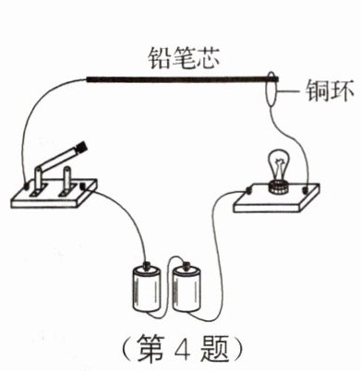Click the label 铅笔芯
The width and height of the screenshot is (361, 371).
(x=184, y=58)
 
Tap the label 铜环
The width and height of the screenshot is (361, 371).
(x=330, y=91)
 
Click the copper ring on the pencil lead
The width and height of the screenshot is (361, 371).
(x=271, y=89)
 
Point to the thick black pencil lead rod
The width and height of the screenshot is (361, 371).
(x=183, y=79)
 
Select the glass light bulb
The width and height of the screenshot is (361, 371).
(x=279, y=166)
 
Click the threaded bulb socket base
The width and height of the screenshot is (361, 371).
(x=279, y=187)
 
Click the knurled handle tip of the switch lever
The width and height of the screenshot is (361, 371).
(x=81, y=147)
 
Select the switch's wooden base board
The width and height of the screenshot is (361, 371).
(x=54, y=194)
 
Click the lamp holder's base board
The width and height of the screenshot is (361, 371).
(x=276, y=198)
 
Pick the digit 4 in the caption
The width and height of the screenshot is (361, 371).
(x=183, y=348)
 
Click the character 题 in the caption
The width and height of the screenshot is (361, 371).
(x=214, y=348)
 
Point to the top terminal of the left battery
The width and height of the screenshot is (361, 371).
(x=147, y=265)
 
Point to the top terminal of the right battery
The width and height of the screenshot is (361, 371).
(x=187, y=265)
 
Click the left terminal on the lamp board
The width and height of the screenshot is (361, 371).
(x=248, y=191)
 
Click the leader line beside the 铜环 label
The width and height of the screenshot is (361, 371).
(x=287, y=91)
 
